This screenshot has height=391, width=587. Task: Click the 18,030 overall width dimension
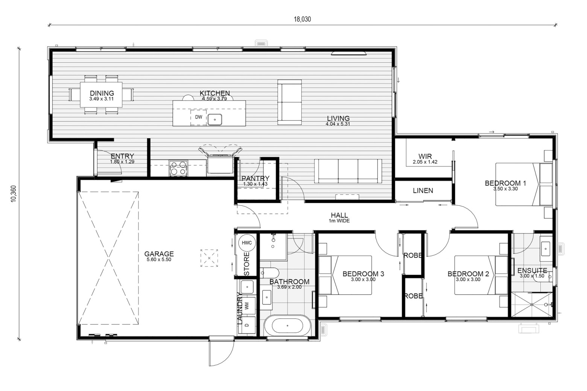point(302,19)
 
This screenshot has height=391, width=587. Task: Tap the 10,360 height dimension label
point(14,194)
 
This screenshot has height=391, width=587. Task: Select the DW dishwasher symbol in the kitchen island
point(198,117)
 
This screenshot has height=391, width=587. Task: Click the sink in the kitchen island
point(215,120)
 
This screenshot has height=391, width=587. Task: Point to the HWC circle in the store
point(246,243)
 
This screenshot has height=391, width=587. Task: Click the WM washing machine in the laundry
point(247,305)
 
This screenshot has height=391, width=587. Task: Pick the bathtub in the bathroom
point(287,326)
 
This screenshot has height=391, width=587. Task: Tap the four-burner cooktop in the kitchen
point(178,168)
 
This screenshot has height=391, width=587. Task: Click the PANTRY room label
point(255,178)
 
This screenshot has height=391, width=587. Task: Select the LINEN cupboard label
point(423,191)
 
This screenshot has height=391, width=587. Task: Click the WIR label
point(425,156)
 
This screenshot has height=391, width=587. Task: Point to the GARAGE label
point(159,254)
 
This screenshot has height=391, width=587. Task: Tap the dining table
point(101,94)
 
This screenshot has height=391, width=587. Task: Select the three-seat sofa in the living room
point(348,171)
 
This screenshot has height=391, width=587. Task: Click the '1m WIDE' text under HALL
point(339,221)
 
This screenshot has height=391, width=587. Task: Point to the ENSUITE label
point(532,270)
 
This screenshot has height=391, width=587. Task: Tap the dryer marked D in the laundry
point(247,325)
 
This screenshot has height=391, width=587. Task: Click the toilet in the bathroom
point(270,273)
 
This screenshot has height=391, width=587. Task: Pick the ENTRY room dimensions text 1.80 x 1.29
point(122,162)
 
